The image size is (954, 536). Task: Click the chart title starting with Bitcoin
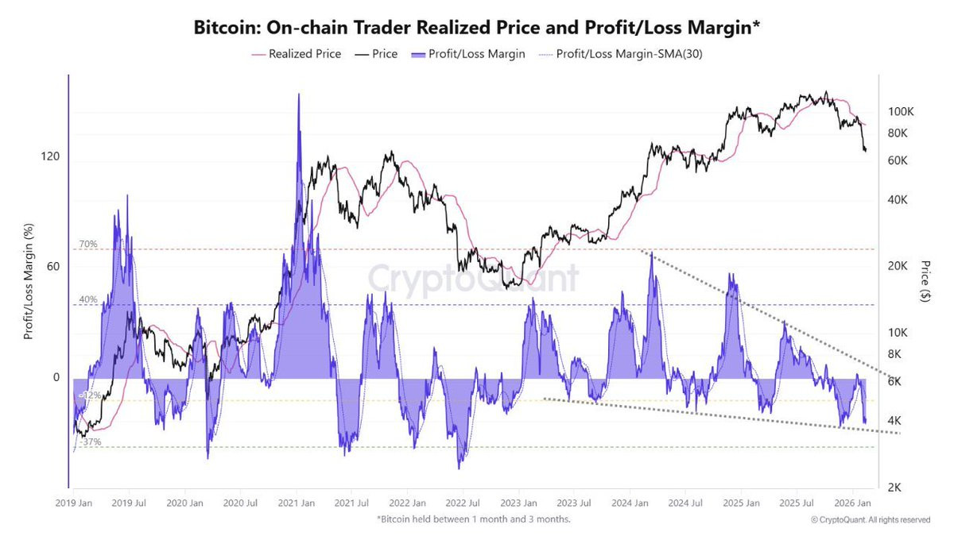pyautogui.click(x=476, y=27)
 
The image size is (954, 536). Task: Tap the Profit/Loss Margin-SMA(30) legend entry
pyautogui.click(x=611, y=55)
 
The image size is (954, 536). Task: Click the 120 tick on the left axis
pyautogui.click(x=51, y=157)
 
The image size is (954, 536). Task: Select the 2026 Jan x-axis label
pyautogui.click(x=851, y=503)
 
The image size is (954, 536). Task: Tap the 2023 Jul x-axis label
pyautogui.click(x=573, y=503)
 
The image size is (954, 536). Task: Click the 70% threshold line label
pyautogui.click(x=87, y=244)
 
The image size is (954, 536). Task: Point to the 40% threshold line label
pyautogui.click(x=87, y=299)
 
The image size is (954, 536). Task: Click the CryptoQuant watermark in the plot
pyautogui.click(x=472, y=280)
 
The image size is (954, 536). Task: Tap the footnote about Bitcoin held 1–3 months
pyautogui.click(x=474, y=519)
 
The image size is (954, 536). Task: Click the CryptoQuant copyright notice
pyautogui.click(x=870, y=520)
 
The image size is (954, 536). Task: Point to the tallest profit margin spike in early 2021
pyautogui.click(x=298, y=95)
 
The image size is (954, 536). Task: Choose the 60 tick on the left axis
pyautogui.click(x=54, y=267)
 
